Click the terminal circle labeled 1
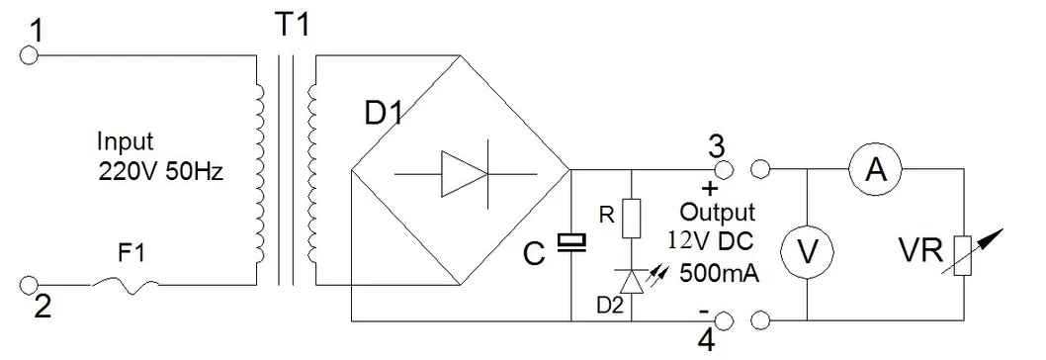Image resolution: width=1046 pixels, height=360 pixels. [29, 56]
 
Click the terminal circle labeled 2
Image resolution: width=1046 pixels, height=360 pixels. [29, 286]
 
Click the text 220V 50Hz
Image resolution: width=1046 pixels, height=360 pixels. [162, 171]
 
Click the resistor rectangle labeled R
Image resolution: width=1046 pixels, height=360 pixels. [631, 216]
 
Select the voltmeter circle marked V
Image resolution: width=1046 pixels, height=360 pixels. [809, 252]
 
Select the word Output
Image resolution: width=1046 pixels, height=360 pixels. [718, 212]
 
